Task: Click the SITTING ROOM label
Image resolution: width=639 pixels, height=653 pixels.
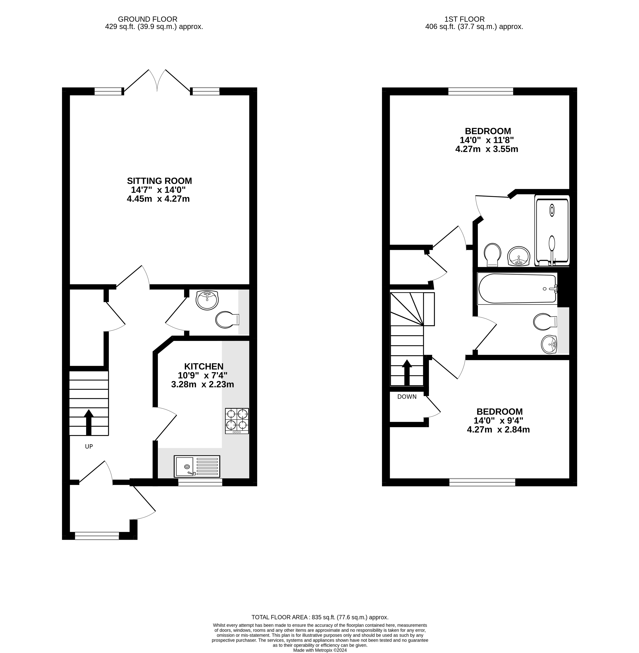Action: point(159,181)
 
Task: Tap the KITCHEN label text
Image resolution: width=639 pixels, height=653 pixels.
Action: point(204,366)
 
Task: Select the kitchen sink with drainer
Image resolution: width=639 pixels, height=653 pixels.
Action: point(197,466)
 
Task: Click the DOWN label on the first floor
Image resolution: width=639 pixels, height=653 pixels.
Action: point(407,397)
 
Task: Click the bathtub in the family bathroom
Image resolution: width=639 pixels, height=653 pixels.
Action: point(517,289)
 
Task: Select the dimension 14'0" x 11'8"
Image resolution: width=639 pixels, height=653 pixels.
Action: point(487,140)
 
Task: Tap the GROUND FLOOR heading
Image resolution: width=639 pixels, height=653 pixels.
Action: point(148,19)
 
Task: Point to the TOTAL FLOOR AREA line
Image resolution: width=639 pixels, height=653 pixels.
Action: point(320,617)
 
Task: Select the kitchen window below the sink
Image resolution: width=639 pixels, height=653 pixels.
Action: point(200,482)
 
